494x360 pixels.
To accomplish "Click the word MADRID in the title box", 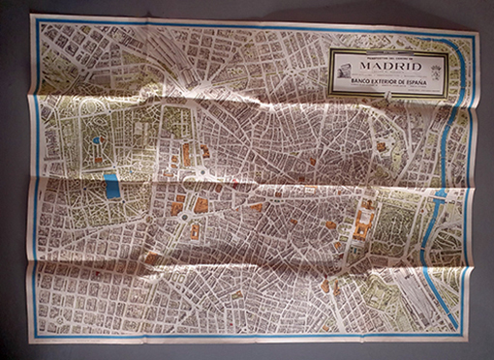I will pyautogui.click(x=387, y=66).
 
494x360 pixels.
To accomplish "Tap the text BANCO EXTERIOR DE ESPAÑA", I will pyautogui.click(x=387, y=86).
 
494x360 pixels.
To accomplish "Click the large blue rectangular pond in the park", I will pyautogui.click(x=112, y=185).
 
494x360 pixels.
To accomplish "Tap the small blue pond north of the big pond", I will pyautogui.click(x=98, y=144).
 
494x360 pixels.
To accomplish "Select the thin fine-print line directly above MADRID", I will pyautogui.click(x=387, y=56).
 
